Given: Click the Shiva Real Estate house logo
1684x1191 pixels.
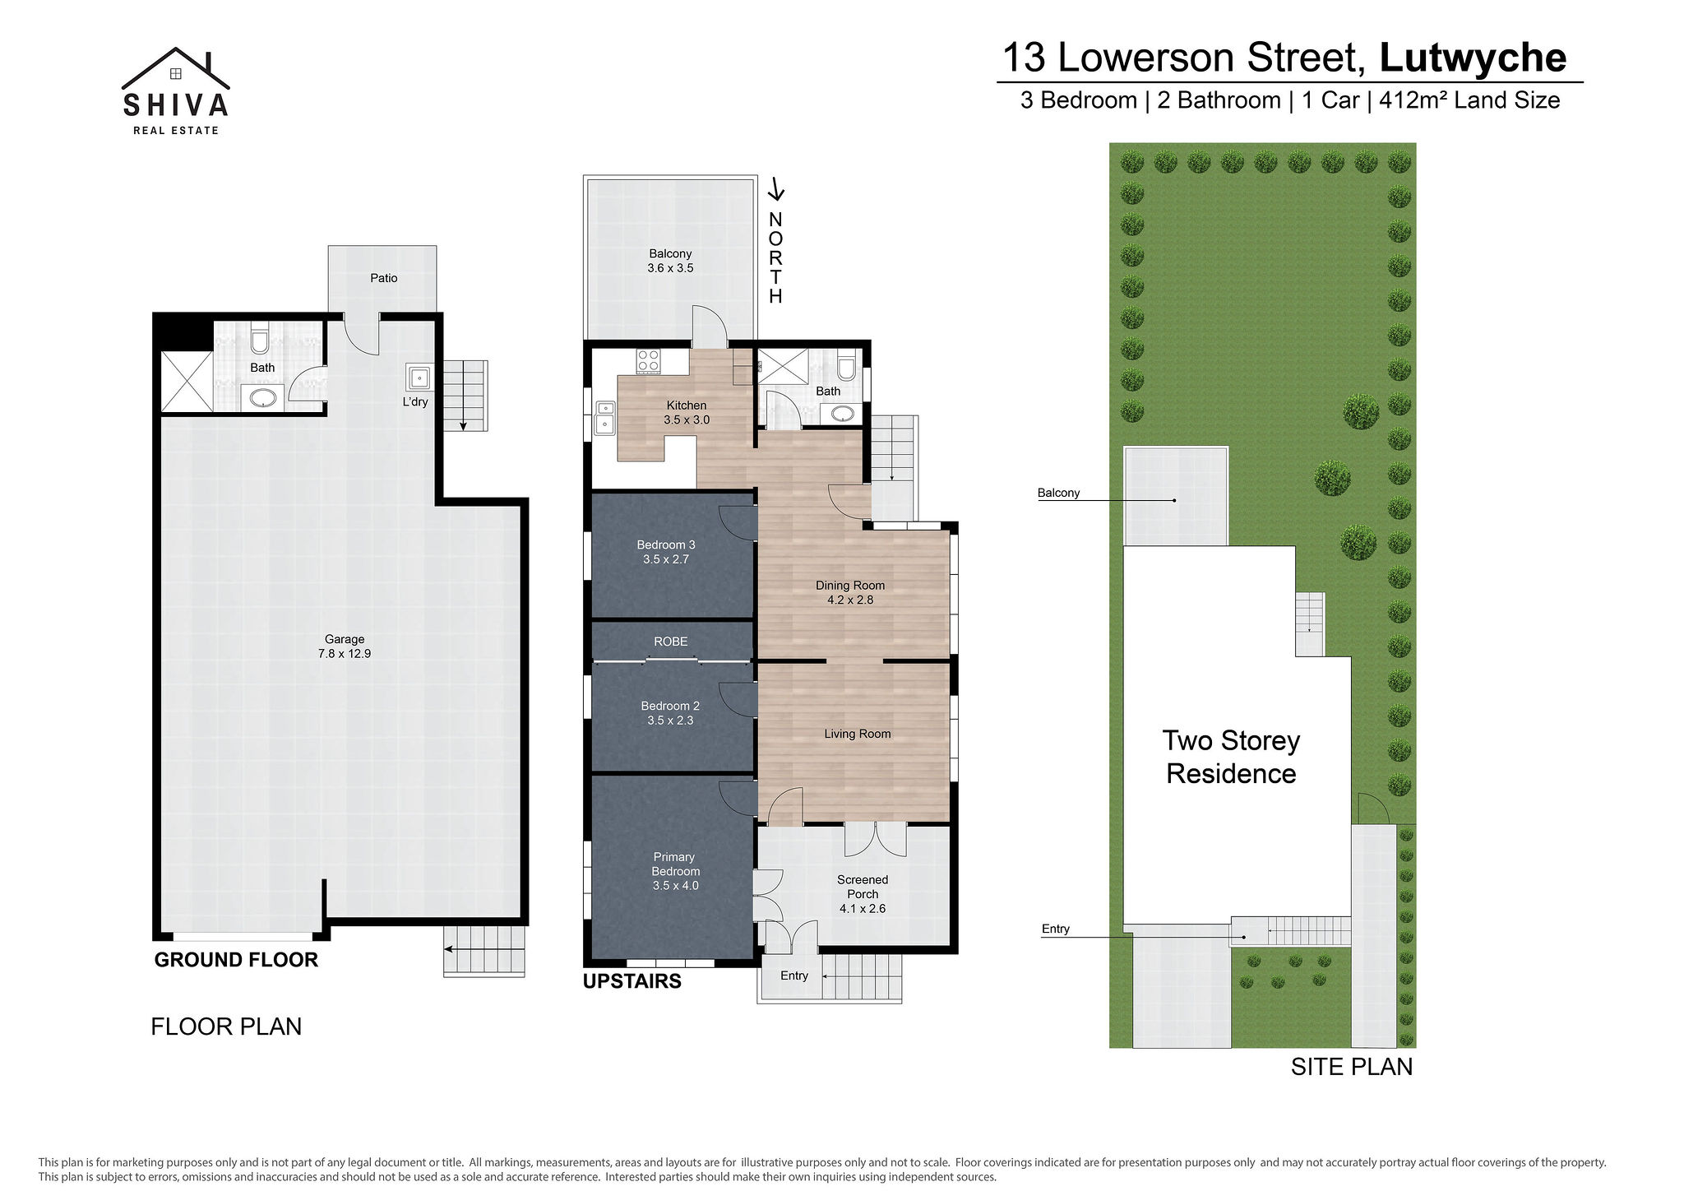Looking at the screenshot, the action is coord(175,90).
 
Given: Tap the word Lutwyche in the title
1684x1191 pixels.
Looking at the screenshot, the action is coord(1473,58).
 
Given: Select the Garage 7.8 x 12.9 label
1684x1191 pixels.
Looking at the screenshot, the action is coord(345,646).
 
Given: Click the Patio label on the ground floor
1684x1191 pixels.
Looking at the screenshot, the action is coord(384,278).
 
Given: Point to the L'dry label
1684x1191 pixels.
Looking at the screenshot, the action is coord(415,401).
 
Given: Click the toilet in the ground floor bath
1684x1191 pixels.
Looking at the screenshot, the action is coord(260,340).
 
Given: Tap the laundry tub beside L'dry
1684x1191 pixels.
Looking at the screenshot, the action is coord(419,378).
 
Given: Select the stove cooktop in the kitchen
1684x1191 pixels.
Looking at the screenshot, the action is coord(648,361).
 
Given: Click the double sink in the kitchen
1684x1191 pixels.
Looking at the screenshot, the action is coord(605,418).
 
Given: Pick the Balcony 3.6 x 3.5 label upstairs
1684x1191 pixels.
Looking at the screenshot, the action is coord(670,261).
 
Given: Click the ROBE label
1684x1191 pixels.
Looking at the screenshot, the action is coord(671,642).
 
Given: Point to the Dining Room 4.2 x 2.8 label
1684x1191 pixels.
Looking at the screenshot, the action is coord(850,592).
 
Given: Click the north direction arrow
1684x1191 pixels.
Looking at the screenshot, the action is coord(775,190).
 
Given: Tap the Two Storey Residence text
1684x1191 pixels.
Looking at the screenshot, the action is coord(1231,757).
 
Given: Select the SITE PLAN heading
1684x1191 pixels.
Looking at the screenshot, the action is coord(1352,1067).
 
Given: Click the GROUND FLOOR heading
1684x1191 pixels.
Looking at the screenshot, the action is coord(236,960).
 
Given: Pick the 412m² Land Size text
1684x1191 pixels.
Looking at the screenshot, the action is coord(1469,100).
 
